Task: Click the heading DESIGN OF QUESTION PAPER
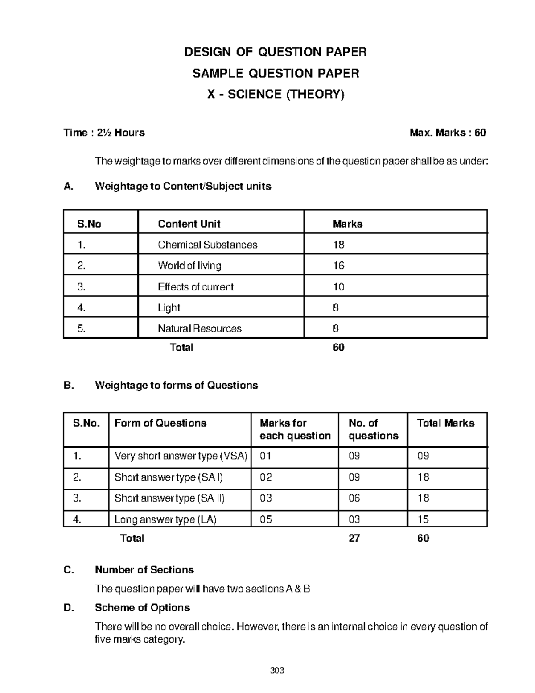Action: click(x=276, y=52)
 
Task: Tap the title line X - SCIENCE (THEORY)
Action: click(x=276, y=94)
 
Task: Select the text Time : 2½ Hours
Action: click(x=104, y=133)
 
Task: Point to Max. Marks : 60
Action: click(x=448, y=133)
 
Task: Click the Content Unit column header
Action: click(x=189, y=224)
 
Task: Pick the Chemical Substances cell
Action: click(x=207, y=245)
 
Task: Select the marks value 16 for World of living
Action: click(x=338, y=266)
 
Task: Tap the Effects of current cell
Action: click(x=195, y=287)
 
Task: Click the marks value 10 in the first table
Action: click(x=338, y=287)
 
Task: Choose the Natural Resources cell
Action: click(x=199, y=329)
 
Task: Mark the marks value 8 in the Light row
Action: click(x=336, y=308)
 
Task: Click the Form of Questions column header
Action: click(x=160, y=423)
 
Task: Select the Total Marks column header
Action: click(x=445, y=423)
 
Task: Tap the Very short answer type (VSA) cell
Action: click(x=181, y=456)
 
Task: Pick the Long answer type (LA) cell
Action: click(x=165, y=519)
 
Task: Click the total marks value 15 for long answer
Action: click(x=423, y=519)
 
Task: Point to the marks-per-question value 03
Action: click(x=266, y=498)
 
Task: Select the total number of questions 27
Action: click(x=354, y=539)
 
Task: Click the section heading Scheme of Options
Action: click(x=142, y=608)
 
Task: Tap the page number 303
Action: click(x=277, y=671)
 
